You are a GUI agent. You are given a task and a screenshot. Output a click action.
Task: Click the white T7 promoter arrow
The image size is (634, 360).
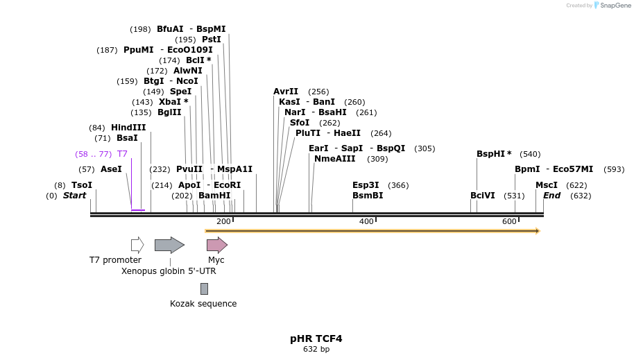click(137, 245)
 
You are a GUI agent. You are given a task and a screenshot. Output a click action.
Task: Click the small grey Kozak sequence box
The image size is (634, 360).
click(204, 289)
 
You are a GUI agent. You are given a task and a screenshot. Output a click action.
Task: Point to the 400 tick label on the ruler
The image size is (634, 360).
click(366, 221)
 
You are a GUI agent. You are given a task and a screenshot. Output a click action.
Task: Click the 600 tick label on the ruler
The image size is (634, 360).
click(509, 221)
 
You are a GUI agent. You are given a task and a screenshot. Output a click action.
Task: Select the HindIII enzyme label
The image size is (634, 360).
click(128, 128)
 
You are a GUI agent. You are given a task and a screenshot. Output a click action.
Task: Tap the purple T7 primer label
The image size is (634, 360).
click(122, 154)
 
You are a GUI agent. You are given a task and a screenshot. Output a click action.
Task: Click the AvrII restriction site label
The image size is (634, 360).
click(286, 92)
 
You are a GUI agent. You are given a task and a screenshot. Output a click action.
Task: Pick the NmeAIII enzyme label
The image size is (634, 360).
click(334, 159)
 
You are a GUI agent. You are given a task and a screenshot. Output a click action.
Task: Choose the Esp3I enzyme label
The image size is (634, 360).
click(366, 185)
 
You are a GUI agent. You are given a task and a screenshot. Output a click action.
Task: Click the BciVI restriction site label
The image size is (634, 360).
click(483, 196)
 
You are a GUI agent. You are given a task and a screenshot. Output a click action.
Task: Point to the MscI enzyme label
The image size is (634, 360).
click(547, 185)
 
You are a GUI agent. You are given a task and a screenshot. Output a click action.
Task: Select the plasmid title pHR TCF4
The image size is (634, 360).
click(316, 339)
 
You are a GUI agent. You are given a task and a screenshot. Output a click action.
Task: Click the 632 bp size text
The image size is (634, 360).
click(316, 350)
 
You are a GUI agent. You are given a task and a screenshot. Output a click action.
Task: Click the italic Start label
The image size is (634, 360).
click(74, 196)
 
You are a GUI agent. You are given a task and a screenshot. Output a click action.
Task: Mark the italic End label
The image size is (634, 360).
click(552, 196)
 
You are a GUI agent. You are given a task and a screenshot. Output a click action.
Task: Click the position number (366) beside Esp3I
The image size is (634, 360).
click(399, 185)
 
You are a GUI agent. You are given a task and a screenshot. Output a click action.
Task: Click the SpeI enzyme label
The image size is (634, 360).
click(180, 92)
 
